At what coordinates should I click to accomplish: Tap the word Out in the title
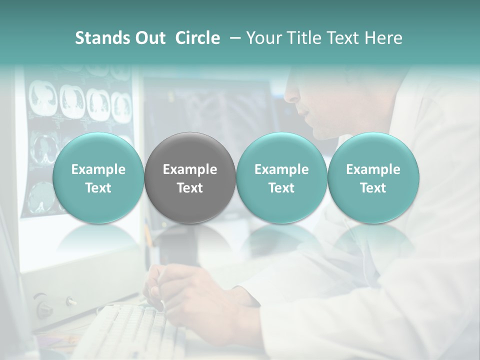click(149, 38)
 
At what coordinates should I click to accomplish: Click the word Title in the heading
click(304, 38)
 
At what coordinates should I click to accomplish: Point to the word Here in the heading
click(384, 38)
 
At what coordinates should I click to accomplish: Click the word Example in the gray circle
click(190, 169)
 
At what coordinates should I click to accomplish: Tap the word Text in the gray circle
click(190, 188)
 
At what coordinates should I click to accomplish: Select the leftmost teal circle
click(98, 177)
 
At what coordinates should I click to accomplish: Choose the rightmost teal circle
click(373, 177)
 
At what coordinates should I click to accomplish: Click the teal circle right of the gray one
click(281, 177)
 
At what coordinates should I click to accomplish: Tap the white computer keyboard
click(130, 325)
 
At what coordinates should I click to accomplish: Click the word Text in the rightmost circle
click(373, 188)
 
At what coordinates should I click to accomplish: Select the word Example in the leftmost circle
click(98, 169)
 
